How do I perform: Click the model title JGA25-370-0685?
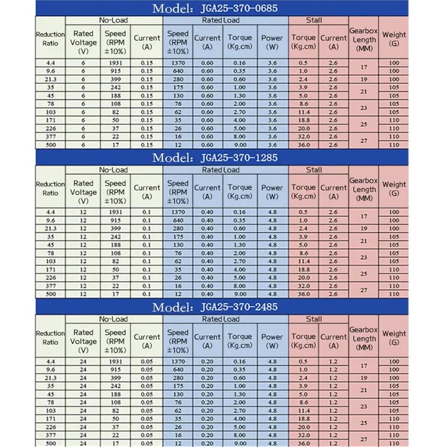(215, 8)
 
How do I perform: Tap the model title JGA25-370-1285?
(215, 158)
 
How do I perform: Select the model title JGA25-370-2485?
(215, 307)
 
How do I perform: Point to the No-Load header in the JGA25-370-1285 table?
(113, 169)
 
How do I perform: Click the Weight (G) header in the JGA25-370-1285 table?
(394, 188)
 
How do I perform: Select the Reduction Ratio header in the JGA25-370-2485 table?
(50, 337)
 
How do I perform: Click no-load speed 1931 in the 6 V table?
(115, 63)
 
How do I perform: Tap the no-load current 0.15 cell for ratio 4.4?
(147, 63)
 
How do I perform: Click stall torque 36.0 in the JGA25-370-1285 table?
(303, 294)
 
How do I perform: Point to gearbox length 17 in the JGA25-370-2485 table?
(364, 365)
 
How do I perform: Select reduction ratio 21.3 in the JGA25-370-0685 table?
(50, 79)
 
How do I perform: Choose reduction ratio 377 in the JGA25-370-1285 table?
(50, 286)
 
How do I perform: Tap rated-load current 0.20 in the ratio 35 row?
(207, 386)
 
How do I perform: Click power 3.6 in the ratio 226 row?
(273, 129)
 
